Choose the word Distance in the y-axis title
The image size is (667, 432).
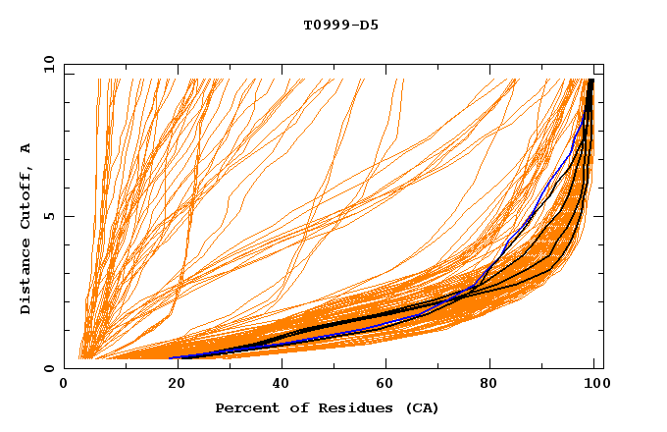[26, 279]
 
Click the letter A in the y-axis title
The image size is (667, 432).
[26, 148]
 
